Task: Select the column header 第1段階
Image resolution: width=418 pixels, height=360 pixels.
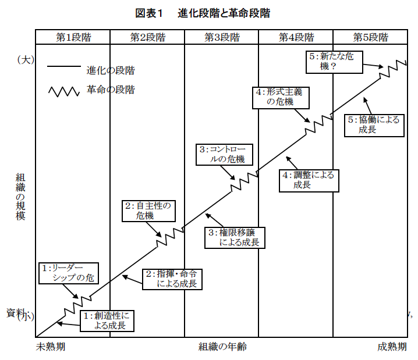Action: pos(73,37)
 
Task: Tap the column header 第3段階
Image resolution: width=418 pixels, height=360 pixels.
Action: pos(222,37)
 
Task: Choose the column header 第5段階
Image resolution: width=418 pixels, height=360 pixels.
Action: pos(370,37)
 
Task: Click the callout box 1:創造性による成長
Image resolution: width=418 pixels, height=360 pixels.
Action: pos(106,320)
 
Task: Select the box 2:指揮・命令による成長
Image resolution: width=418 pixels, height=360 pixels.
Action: pos(172,279)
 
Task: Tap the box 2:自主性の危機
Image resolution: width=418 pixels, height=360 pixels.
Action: pos(148,211)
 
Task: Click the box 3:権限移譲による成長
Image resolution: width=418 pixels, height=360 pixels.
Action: pos(235,237)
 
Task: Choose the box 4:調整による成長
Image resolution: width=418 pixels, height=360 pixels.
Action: pos(307,180)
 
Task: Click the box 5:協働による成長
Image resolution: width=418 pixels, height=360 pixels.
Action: pos(374,124)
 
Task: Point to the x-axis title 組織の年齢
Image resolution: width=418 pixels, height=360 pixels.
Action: pos(222,347)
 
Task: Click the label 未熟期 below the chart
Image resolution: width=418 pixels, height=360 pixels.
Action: pos(51,347)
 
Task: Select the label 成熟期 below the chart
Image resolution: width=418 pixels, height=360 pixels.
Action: pos(392,347)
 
